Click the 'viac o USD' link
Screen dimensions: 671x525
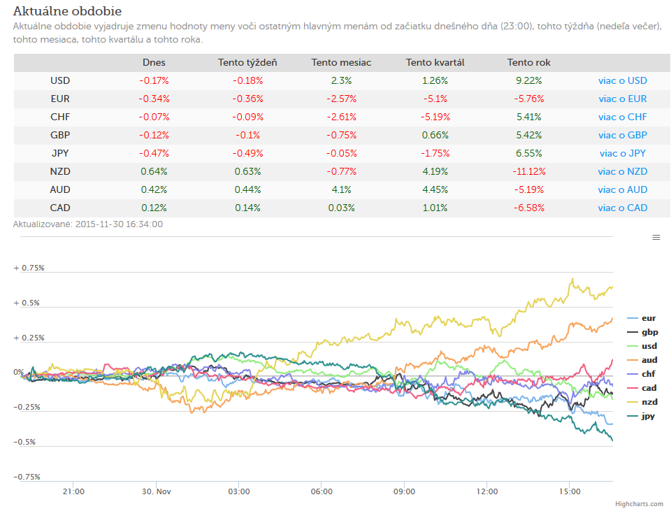coord(622,80)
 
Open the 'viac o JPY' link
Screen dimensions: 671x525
coord(622,153)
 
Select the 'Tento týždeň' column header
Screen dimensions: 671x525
coord(247,62)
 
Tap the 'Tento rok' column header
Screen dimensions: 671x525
coord(528,62)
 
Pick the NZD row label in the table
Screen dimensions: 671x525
coord(60,171)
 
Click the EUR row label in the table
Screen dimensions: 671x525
coord(60,99)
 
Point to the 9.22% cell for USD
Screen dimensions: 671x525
coord(529,80)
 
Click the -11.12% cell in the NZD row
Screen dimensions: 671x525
coord(529,171)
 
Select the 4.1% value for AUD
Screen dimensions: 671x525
coord(341,189)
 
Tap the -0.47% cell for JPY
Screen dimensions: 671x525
coord(154,153)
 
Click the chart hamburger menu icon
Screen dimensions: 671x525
coord(656,238)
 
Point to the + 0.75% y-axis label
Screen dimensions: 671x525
coord(29,268)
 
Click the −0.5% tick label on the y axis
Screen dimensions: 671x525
coord(24,442)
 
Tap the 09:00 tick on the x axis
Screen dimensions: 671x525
coord(404,491)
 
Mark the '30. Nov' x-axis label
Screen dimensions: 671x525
coord(156,491)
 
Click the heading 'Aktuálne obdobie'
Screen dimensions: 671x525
coord(67,11)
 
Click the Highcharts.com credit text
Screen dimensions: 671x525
coord(639,504)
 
